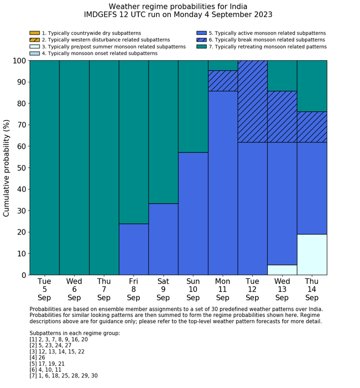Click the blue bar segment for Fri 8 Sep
[134, 249]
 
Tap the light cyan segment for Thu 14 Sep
[312, 254]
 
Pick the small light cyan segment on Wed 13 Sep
[282, 270]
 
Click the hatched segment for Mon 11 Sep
[223, 81]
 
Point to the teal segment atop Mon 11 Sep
[223, 65]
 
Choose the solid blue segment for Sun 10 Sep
[193, 214]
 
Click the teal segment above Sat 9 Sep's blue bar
[164, 132]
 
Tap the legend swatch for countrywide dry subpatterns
[34, 33]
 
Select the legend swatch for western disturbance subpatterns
[34, 40]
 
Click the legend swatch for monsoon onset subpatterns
[34, 54]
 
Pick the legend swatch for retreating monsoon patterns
[201, 47]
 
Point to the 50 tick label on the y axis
[20, 168]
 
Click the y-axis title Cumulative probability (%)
[7, 168]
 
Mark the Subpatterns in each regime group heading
[75, 333]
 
